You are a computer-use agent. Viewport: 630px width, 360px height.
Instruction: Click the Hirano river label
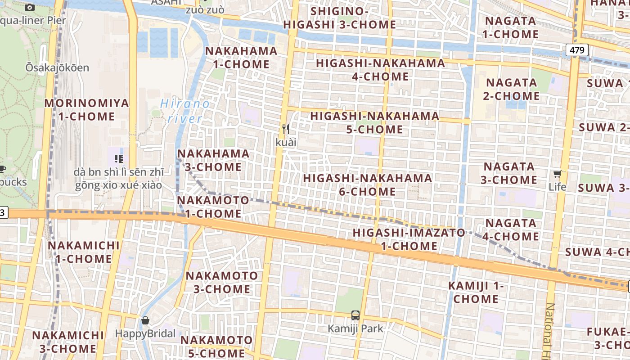click(x=185, y=111)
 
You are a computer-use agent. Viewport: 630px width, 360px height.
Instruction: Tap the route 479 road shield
click(x=577, y=50)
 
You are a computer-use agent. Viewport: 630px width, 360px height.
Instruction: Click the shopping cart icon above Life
click(x=558, y=174)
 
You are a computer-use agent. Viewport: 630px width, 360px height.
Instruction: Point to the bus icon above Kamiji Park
click(x=355, y=315)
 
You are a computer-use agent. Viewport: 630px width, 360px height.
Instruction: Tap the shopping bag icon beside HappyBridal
click(x=145, y=320)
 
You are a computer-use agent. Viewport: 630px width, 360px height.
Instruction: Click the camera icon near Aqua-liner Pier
click(x=30, y=7)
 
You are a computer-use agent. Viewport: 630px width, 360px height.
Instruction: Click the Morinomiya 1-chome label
click(x=86, y=110)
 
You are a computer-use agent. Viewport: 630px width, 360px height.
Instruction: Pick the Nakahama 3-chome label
click(x=213, y=160)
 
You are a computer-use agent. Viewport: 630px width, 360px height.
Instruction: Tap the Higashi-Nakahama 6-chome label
click(x=367, y=185)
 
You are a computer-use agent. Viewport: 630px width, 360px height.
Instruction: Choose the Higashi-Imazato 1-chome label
click(x=409, y=239)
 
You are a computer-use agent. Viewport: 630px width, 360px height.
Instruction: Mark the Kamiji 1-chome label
click(x=476, y=292)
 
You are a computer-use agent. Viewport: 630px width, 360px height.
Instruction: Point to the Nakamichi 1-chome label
click(x=84, y=252)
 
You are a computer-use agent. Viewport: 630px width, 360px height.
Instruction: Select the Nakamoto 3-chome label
click(x=222, y=282)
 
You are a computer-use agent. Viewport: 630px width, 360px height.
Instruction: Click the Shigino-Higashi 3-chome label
click(x=340, y=18)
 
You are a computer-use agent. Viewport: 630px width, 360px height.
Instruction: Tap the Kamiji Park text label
click(x=355, y=328)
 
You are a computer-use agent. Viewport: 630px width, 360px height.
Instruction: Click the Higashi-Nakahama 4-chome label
click(x=380, y=70)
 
